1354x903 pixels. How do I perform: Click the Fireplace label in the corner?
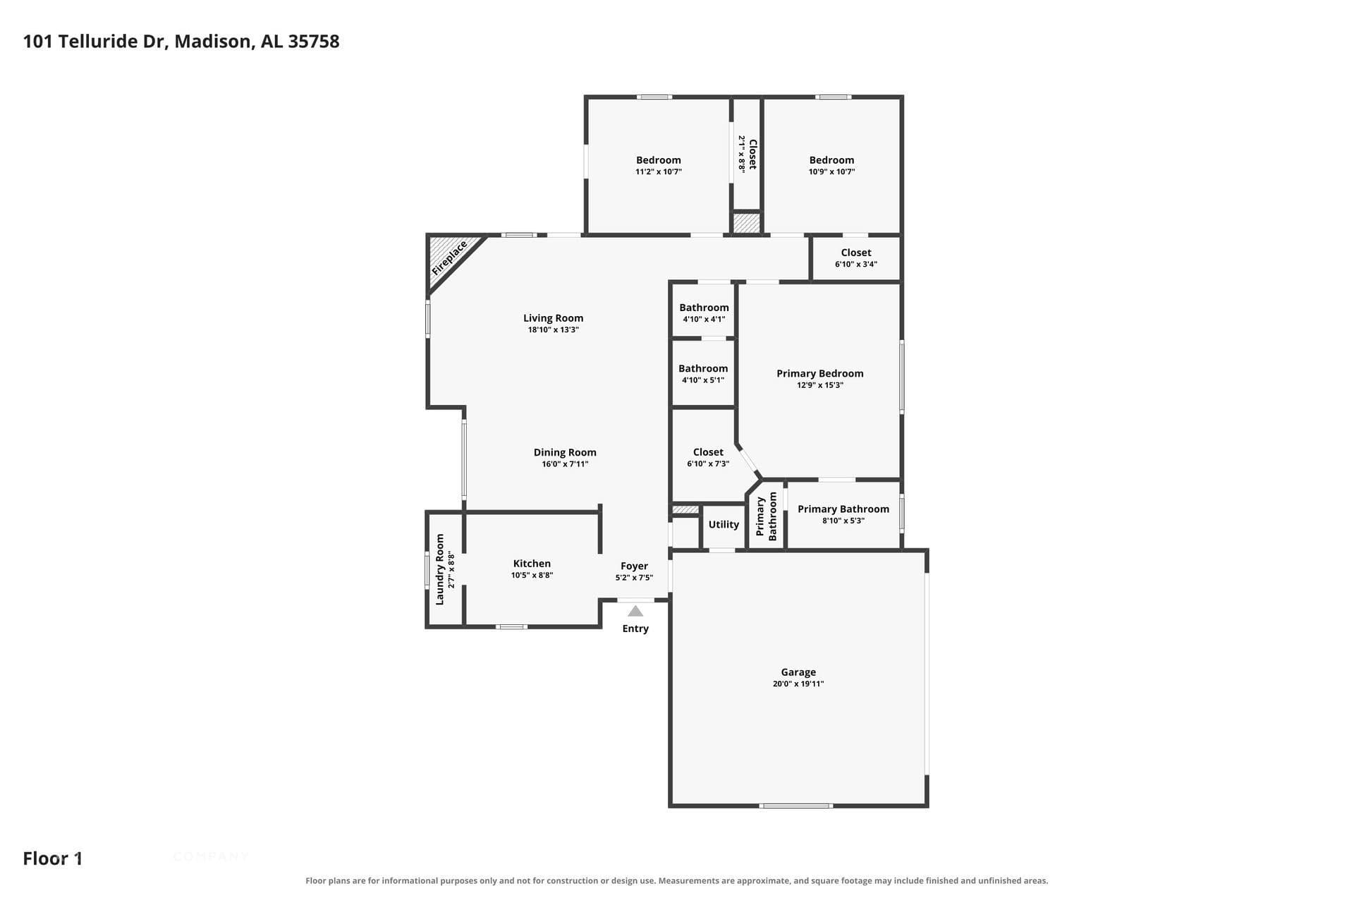[450, 258]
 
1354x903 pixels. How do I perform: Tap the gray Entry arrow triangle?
[635, 611]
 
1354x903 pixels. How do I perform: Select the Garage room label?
[798, 672]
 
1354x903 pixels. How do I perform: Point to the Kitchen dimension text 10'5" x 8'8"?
[532, 576]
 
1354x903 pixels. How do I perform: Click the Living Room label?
[553, 318]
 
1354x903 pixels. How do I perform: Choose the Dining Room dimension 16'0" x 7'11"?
[565, 464]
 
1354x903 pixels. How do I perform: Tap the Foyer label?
[634, 566]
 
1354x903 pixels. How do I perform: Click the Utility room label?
[724, 524]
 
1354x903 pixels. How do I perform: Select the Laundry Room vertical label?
[440, 569]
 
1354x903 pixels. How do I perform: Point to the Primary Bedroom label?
[820, 373]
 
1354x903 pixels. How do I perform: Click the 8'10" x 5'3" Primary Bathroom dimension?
[843, 521]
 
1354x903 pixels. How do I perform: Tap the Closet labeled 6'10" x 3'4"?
[856, 253]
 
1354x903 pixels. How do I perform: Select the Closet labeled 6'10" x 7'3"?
[708, 452]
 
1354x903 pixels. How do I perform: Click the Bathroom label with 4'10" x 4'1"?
[704, 308]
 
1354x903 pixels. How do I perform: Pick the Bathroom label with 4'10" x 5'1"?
[703, 368]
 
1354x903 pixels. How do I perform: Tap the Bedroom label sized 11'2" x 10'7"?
[659, 160]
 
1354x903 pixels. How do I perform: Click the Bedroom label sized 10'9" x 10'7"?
[831, 160]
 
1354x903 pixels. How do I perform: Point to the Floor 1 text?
[53, 859]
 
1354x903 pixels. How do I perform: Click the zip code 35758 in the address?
[314, 42]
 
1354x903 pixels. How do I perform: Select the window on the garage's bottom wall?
[796, 806]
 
